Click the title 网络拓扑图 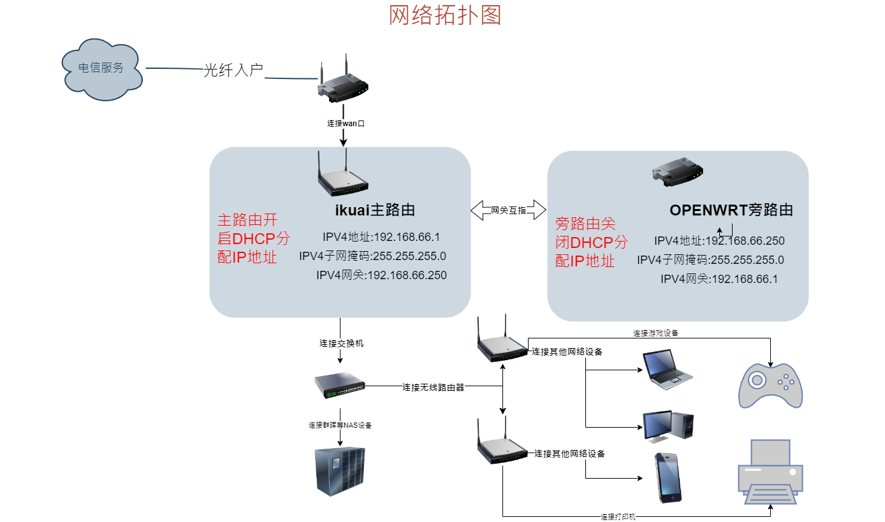(444, 15)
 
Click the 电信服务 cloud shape (102, 69)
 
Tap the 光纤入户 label (233, 70)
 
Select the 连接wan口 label (342, 123)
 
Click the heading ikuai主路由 (376, 210)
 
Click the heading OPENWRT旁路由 (731, 210)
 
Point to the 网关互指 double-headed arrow (508, 210)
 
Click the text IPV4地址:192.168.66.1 (381, 238)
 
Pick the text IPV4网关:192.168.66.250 (381, 275)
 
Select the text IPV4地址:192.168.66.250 (719, 241)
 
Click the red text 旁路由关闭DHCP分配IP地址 (591, 242)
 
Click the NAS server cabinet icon (340, 470)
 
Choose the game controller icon (770, 386)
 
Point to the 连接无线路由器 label (433, 387)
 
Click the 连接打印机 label (618, 517)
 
